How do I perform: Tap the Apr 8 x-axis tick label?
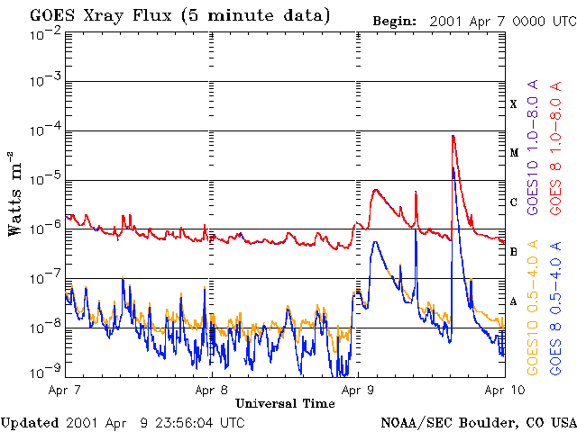click(x=211, y=391)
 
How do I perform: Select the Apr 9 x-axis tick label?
click(x=358, y=391)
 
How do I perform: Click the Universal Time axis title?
click(x=284, y=403)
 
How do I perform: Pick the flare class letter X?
click(x=514, y=104)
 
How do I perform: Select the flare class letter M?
click(x=514, y=153)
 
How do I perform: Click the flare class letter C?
click(x=514, y=202)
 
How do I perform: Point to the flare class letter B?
click(x=514, y=252)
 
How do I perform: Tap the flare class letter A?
click(x=514, y=301)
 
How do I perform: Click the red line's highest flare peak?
click(x=453, y=136)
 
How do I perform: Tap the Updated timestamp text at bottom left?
click(x=123, y=422)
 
